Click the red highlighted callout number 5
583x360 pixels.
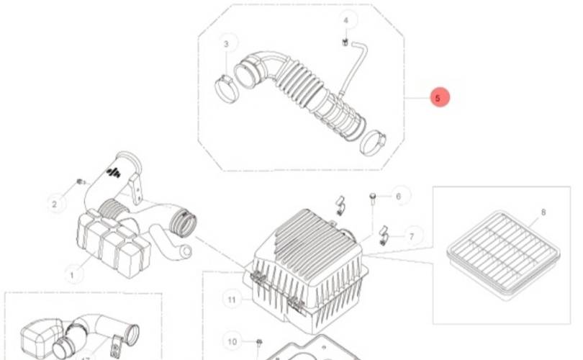[x=440, y=98]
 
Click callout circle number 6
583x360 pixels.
[x=398, y=195]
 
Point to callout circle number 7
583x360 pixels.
[x=411, y=235]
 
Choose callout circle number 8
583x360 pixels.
[x=543, y=212]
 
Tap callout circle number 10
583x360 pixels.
[x=232, y=341]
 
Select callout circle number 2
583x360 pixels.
[x=54, y=204]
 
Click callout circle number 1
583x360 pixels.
[x=71, y=274]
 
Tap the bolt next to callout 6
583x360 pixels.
[x=373, y=198]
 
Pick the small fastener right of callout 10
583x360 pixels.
[x=259, y=341]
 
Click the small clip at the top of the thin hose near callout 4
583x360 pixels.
[x=346, y=43]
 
